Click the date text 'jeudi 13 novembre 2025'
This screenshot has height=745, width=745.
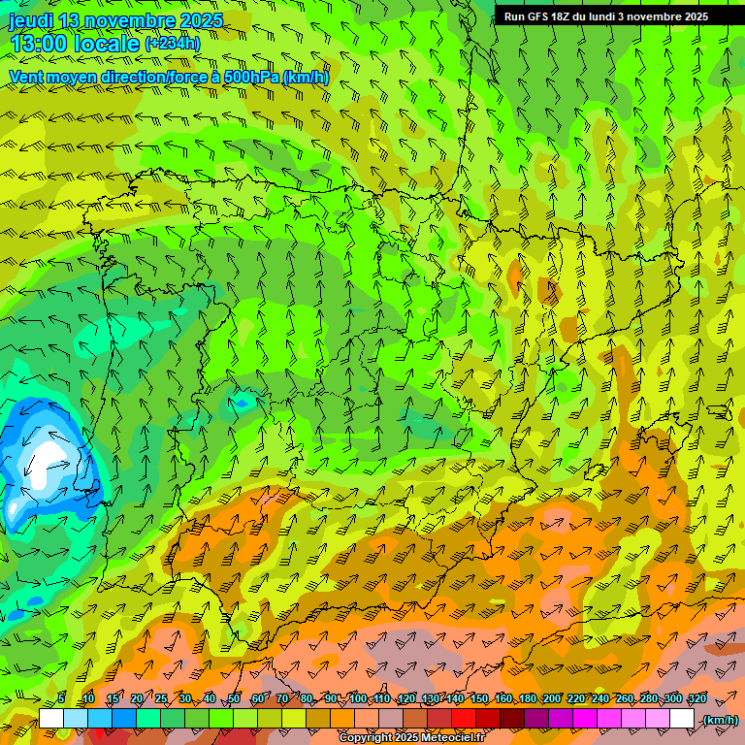(115, 20)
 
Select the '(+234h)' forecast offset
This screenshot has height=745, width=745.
(173, 44)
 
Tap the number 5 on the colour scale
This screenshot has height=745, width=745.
(61, 698)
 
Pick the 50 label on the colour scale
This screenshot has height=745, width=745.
(233, 698)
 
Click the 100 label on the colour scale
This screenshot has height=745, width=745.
(358, 698)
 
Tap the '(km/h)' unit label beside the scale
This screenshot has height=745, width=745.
(720, 719)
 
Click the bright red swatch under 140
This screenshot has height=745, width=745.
(464, 719)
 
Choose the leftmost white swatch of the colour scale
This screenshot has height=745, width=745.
(51, 719)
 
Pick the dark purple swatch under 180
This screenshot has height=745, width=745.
(536, 719)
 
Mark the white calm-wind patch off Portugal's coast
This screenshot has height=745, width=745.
(44, 464)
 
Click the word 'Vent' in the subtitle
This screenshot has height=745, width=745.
(27, 77)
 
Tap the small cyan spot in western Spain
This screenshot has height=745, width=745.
(242, 401)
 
